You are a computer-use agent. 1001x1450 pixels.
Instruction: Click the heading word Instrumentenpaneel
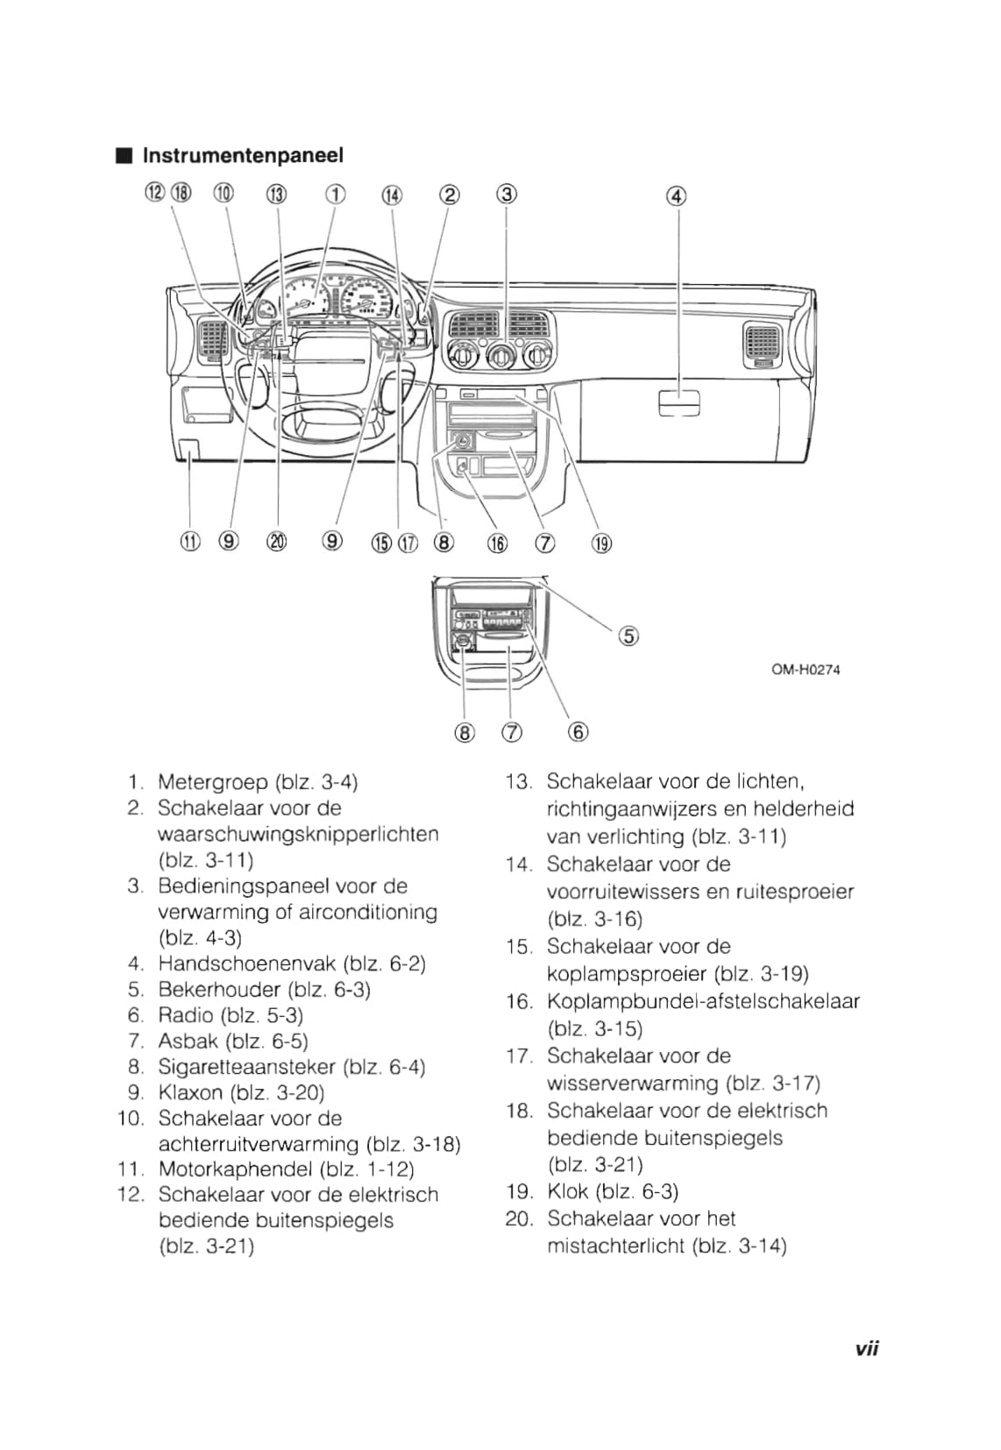[243, 156]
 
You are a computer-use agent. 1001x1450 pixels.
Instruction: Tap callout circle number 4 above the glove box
[677, 196]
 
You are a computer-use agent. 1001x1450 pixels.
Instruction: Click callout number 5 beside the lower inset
[629, 636]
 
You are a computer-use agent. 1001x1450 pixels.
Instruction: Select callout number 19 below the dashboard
[601, 544]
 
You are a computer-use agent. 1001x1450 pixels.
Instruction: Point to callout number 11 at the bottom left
[190, 542]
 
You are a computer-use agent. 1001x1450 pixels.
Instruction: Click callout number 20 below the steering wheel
[277, 542]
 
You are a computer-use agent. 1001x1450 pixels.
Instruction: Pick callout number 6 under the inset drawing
[579, 732]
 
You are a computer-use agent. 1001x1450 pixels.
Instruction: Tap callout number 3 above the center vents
[506, 194]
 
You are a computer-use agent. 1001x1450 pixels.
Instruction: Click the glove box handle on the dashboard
[679, 402]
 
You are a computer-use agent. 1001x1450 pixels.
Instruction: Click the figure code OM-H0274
[806, 670]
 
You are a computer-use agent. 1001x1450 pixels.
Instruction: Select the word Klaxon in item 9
[190, 1093]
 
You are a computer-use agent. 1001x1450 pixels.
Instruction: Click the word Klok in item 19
[567, 1191]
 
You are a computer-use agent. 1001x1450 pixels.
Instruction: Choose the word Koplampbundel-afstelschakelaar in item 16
[703, 1002]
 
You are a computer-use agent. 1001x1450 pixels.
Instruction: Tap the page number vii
[866, 1349]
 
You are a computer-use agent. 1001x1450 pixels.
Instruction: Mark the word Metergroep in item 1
[212, 782]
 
